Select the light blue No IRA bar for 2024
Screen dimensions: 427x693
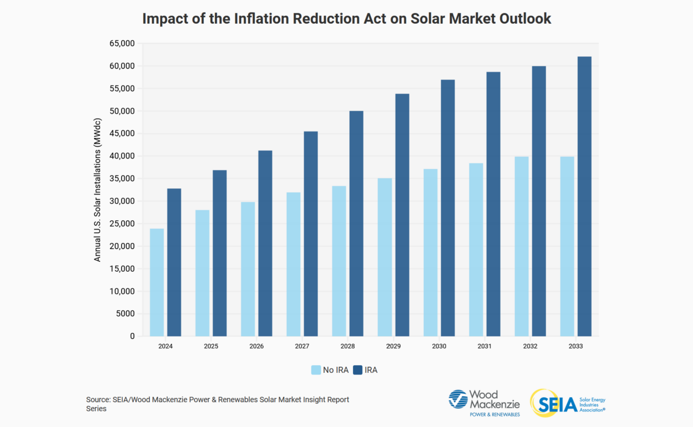tap(156, 282)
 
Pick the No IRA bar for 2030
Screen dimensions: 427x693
tap(430, 252)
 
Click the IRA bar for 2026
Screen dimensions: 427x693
tap(265, 243)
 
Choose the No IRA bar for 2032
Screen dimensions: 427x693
tap(521, 246)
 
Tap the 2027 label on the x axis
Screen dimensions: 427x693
tap(302, 346)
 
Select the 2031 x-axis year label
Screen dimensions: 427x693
tap(485, 346)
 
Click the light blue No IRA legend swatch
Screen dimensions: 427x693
tap(316, 370)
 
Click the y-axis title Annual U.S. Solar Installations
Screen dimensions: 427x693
tap(97, 189)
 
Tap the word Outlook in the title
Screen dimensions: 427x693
tap(524, 18)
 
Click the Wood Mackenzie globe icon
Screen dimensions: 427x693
tap(458, 399)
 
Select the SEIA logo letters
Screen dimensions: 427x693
tap(558, 404)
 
